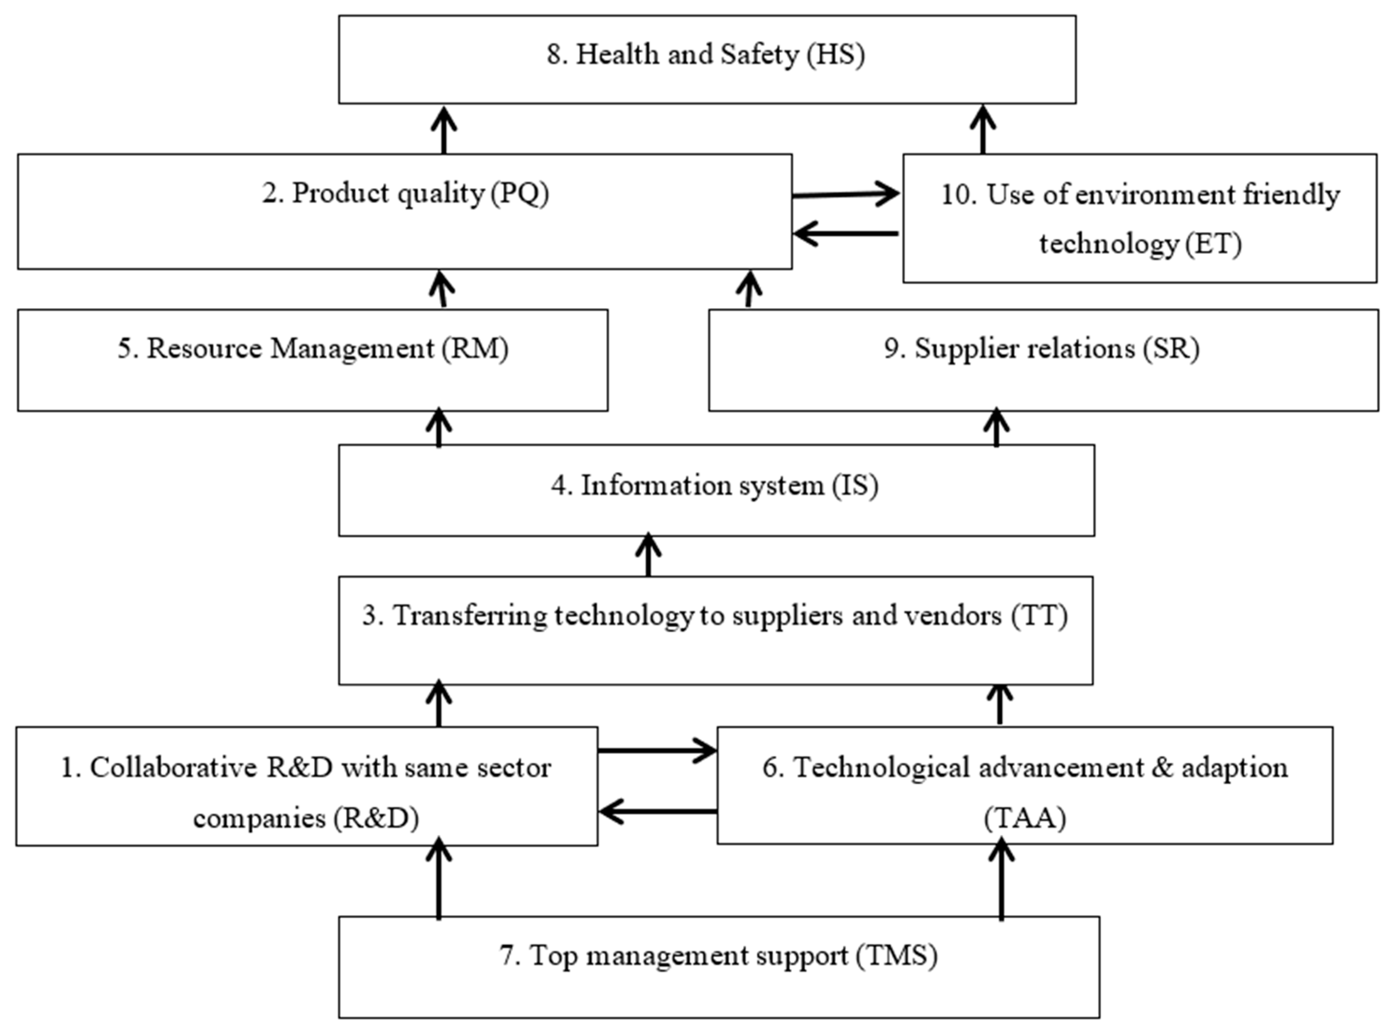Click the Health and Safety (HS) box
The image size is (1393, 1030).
click(707, 59)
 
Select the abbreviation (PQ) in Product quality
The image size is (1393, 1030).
click(520, 193)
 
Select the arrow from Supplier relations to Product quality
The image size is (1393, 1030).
click(749, 289)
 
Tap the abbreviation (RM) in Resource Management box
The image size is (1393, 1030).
click(475, 348)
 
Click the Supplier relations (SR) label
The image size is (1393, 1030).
click(1041, 348)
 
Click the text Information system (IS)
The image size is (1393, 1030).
click(715, 486)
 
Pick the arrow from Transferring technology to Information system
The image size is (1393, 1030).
click(648, 555)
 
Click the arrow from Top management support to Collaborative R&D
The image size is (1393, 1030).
click(439, 879)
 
